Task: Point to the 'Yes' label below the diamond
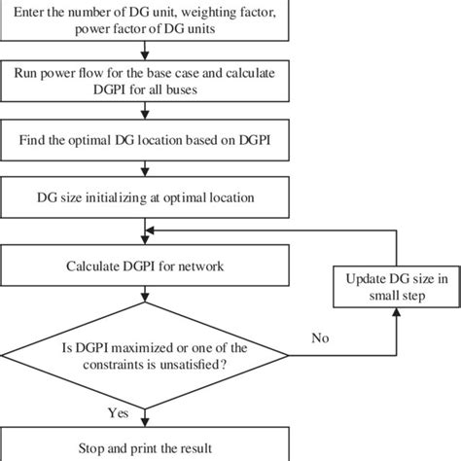[119, 414]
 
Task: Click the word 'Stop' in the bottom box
[93, 448]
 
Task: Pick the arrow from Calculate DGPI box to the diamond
[145, 296]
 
